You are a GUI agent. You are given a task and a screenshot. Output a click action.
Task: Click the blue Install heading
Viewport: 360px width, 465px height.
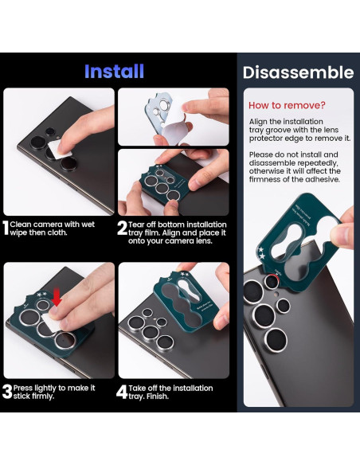(114, 71)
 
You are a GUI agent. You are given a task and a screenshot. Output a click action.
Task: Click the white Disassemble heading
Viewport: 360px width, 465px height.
(297, 72)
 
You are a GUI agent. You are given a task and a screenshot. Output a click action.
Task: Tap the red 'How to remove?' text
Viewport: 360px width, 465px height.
(287, 105)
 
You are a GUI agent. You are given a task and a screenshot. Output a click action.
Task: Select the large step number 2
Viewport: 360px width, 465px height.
(122, 229)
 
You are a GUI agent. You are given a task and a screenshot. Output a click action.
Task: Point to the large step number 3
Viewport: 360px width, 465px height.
(6, 392)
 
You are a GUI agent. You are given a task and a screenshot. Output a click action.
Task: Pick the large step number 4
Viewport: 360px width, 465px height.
(122, 392)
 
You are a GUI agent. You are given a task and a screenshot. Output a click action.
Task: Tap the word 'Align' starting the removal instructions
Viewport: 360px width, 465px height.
(260, 121)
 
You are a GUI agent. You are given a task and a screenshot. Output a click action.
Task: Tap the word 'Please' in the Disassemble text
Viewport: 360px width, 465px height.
(262, 154)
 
